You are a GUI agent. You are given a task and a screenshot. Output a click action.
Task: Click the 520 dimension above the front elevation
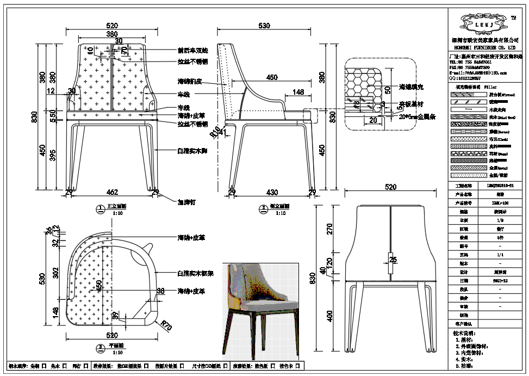click(x=112, y=26)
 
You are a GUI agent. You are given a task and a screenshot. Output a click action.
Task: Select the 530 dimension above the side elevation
click(x=264, y=26)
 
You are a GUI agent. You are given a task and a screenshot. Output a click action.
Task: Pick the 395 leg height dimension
click(x=54, y=156)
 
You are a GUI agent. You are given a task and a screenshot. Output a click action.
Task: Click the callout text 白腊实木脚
click(x=192, y=150)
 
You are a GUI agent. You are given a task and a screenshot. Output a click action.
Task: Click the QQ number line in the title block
click(x=465, y=78)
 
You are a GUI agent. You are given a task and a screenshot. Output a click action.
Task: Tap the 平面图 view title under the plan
click(x=117, y=346)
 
